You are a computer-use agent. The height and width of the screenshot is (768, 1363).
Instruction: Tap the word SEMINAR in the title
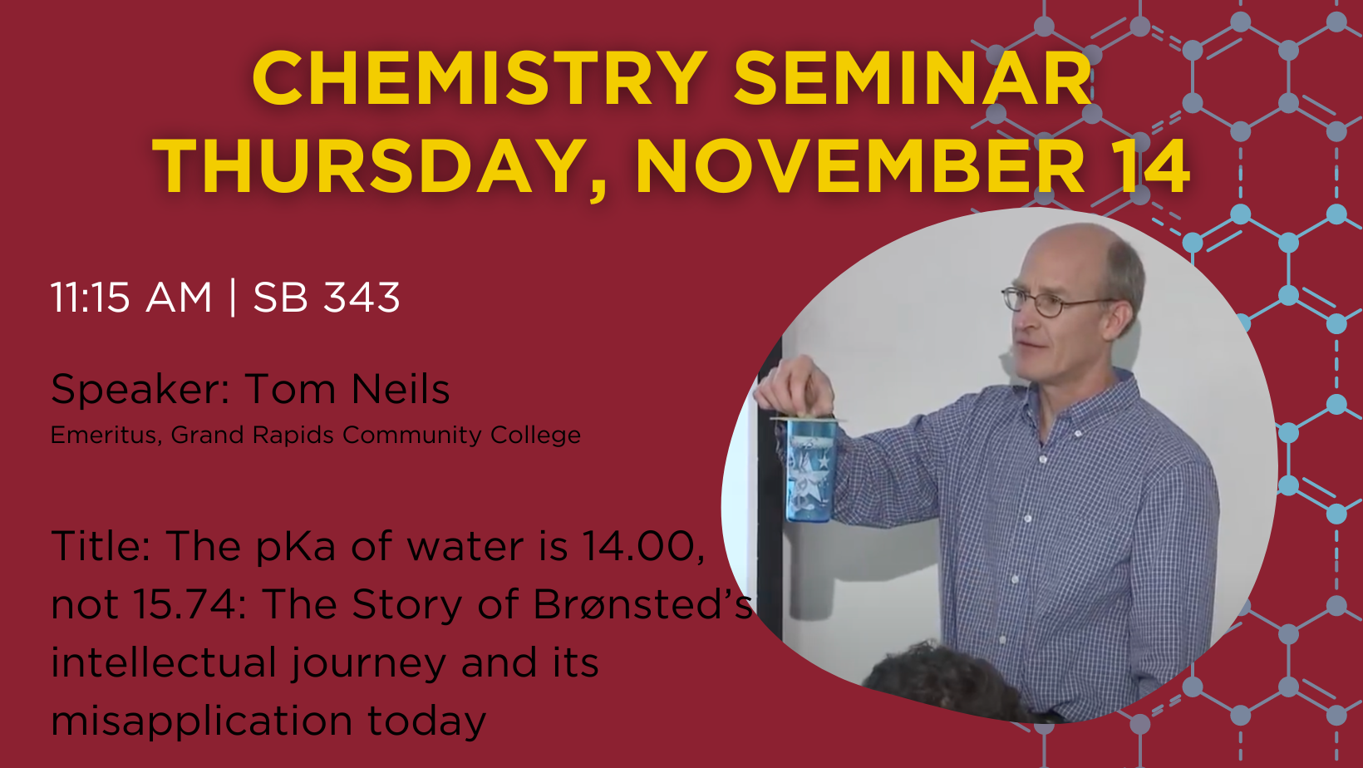(x=913, y=79)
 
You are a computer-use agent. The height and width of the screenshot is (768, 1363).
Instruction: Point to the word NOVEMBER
(x=860, y=165)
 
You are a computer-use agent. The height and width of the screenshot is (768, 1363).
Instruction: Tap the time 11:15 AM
(x=130, y=298)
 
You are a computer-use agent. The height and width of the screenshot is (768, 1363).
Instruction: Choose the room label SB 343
(x=327, y=298)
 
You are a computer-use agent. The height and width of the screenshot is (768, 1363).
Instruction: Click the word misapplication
(x=202, y=721)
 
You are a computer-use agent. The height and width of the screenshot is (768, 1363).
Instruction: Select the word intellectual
(x=165, y=662)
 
